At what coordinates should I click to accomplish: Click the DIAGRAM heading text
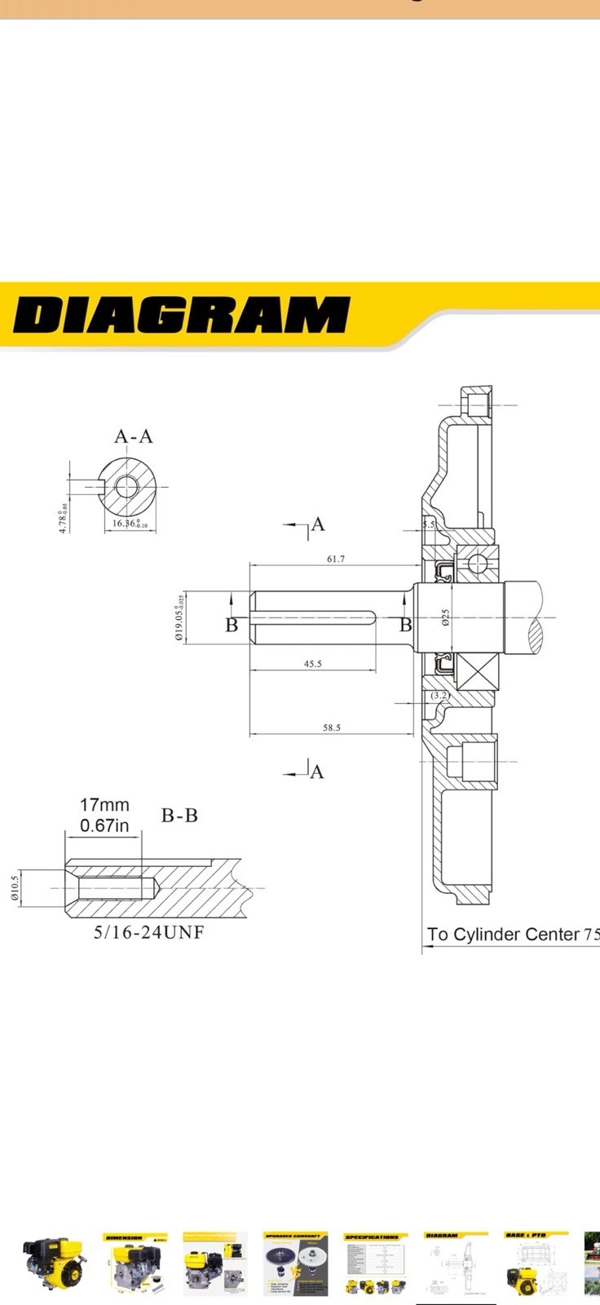[x=181, y=315]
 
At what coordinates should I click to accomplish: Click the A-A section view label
[x=133, y=436]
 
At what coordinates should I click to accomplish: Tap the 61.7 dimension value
[x=335, y=559]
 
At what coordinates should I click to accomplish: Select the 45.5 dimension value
[x=312, y=664]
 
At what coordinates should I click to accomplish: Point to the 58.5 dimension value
[x=331, y=728]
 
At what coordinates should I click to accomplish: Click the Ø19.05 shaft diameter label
[x=179, y=617]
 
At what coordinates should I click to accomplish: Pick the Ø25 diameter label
[x=445, y=617]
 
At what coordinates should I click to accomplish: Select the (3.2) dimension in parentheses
[x=440, y=695]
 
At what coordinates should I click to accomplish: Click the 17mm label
[x=104, y=805]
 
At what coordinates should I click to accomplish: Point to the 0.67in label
[x=104, y=825]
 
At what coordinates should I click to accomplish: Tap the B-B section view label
[x=179, y=816]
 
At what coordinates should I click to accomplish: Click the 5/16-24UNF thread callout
[x=148, y=932]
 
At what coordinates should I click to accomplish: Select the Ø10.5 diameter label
[x=15, y=887]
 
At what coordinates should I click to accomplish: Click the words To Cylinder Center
[x=503, y=935]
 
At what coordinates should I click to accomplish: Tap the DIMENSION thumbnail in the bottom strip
[x=135, y=1263]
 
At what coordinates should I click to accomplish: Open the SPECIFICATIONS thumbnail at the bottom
[x=375, y=1263]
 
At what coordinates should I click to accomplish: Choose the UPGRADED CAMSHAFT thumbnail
[x=295, y=1263]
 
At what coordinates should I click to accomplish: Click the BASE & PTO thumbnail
[x=535, y=1263]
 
